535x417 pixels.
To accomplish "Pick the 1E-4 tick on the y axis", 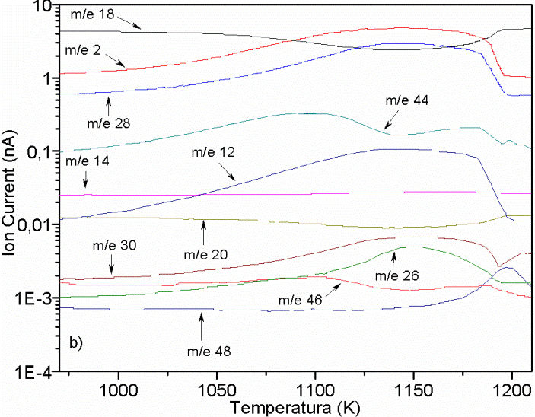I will pyautogui.click(x=29, y=372).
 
